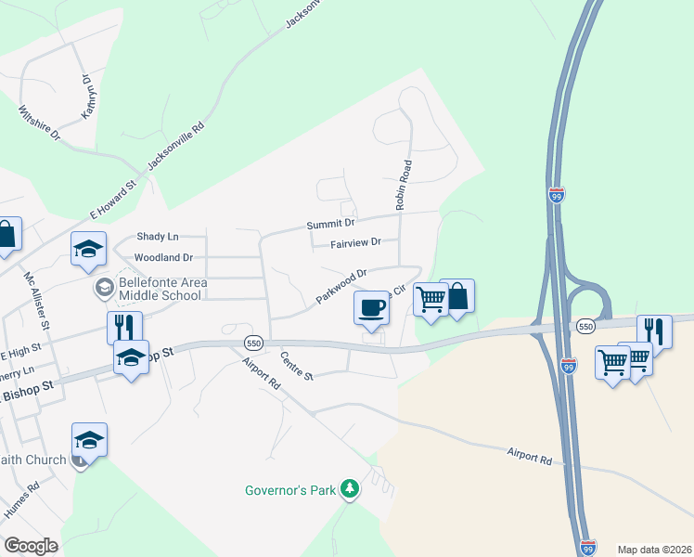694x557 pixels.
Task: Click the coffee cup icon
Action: tap(371, 308)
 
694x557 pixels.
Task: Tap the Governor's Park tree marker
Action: tap(349, 489)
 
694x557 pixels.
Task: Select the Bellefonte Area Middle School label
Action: tap(159, 289)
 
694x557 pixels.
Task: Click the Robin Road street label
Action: tap(405, 184)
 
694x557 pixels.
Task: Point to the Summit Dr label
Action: tap(331, 224)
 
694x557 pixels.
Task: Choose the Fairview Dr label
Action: tap(355, 243)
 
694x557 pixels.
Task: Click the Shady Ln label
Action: tap(157, 238)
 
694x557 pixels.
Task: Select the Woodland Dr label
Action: tap(163, 257)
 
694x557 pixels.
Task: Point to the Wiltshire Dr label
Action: tap(39, 123)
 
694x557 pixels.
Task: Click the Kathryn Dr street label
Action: tap(89, 97)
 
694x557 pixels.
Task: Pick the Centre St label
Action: tap(297, 365)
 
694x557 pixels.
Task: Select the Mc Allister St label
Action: tap(37, 299)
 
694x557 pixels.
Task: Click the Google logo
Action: tap(32, 546)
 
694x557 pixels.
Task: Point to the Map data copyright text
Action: tap(654, 550)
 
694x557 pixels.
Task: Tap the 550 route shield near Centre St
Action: tap(254, 343)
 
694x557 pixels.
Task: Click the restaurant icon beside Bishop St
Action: tap(124, 327)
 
